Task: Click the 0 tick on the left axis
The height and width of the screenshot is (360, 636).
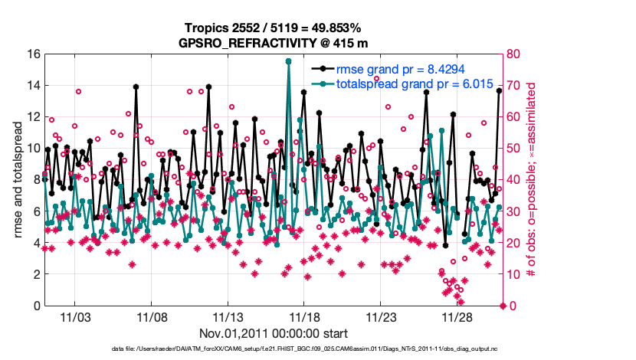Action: pos(34,306)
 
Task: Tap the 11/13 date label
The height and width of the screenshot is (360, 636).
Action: pos(228,317)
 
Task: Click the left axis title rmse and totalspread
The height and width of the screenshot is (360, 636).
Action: pos(17,180)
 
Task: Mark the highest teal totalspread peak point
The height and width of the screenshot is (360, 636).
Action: pos(288,61)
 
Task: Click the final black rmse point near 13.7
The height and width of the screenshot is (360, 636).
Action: pos(499,90)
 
